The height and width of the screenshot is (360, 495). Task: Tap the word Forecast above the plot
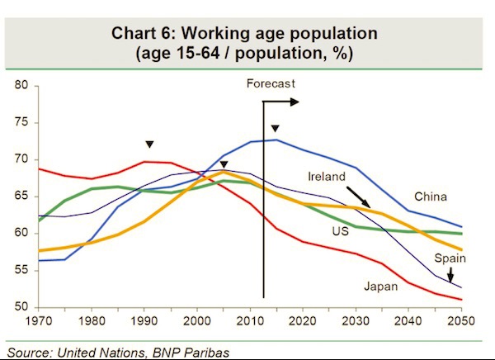[x=271, y=83]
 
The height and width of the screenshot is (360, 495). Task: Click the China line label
[x=430, y=197]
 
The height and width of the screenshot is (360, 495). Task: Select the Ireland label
[x=327, y=177]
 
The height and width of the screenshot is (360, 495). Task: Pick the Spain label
[x=450, y=258]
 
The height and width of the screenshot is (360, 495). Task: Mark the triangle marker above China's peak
[x=276, y=128]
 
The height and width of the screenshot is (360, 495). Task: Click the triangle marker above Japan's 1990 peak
[x=149, y=144]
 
